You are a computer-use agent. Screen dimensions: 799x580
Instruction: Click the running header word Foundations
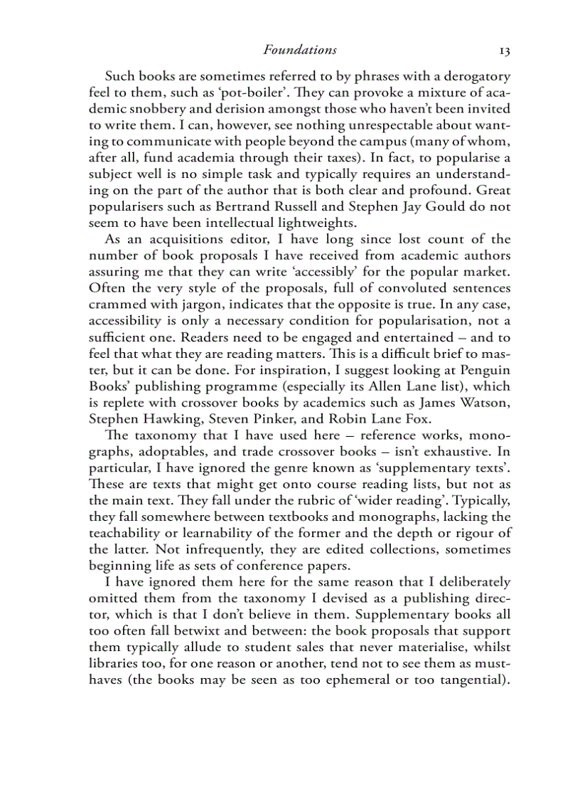point(299,50)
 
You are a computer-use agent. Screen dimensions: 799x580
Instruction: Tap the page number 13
point(505,51)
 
